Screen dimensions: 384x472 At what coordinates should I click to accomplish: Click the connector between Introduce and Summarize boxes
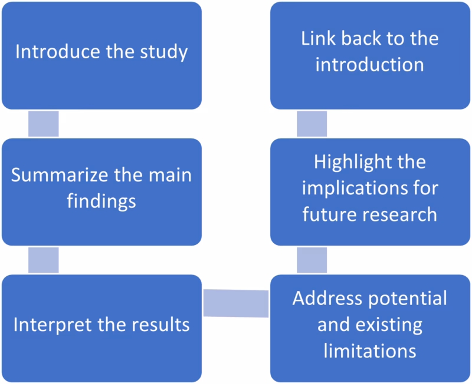[44, 123]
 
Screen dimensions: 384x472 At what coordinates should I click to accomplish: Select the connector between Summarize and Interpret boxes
[44, 260]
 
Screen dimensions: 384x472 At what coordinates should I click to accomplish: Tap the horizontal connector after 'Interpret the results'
[236, 303]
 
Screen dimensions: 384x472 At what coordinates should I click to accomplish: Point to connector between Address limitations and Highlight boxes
[312, 260]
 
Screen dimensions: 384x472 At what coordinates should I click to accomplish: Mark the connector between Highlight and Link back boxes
[312, 123]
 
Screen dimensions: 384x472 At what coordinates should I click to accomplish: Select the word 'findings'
[101, 201]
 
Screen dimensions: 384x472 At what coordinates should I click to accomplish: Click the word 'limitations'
[370, 351]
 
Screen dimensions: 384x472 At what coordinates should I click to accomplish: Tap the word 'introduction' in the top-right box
[370, 64]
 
